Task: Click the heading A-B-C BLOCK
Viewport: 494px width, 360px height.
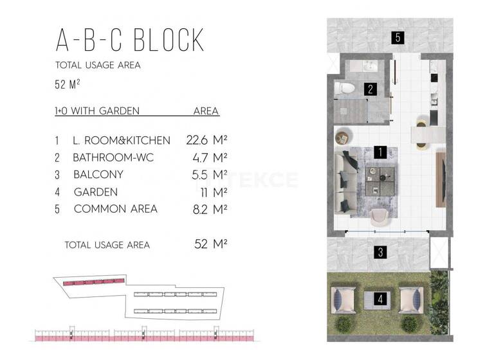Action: (x=130, y=39)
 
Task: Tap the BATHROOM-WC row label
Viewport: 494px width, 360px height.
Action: (x=113, y=157)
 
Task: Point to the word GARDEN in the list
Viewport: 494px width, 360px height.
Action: (x=96, y=192)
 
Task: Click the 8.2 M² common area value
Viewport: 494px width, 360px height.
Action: (x=212, y=209)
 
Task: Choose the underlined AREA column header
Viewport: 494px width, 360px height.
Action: (x=206, y=111)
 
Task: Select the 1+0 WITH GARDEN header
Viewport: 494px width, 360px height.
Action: (x=97, y=111)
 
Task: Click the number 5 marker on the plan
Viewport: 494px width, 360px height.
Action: (x=398, y=37)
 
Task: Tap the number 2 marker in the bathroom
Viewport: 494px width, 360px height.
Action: (x=370, y=89)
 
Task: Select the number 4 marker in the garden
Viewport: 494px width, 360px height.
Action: (x=381, y=299)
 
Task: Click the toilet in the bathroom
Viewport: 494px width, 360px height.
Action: (x=346, y=89)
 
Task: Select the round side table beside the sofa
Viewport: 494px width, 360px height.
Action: (x=342, y=136)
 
